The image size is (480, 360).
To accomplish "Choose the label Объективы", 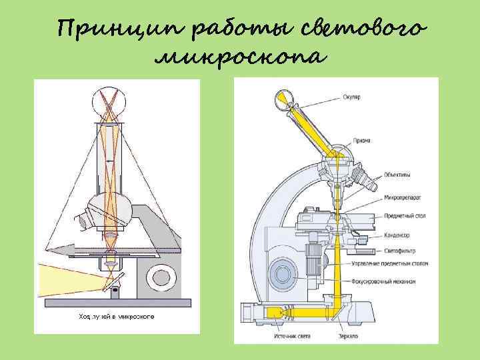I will [x=397, y=175].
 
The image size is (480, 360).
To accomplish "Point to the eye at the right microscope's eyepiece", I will [x=283, y=101].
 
